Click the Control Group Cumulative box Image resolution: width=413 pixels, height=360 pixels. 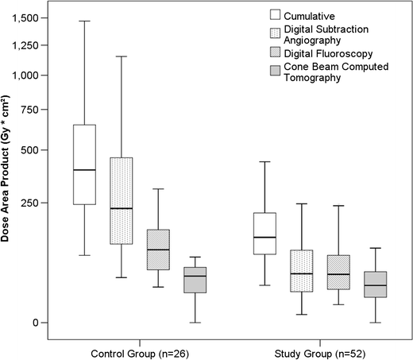pyautogui.click(x=84, y=165)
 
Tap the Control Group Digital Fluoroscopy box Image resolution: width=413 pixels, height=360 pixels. pyautogui.click(x=158, y=250)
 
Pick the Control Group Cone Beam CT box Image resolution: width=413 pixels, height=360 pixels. pyautogui.click(x=195, y=280)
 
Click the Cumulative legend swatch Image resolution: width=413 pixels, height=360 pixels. pyautogui.click(x=276, y=14)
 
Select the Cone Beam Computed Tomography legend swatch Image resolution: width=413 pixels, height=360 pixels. pyautogui.click(x=276, y=73)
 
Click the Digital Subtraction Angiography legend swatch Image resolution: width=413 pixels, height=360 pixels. pyautogui.click(x=276, y=33)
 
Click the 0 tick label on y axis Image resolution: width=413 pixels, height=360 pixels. pyautogui.click(x=47, y=323)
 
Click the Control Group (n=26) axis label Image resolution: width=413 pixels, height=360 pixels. pyautogui.click(x=140, y=350)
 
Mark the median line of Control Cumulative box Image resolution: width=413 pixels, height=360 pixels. pyautogui.click(x=84, y=170)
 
